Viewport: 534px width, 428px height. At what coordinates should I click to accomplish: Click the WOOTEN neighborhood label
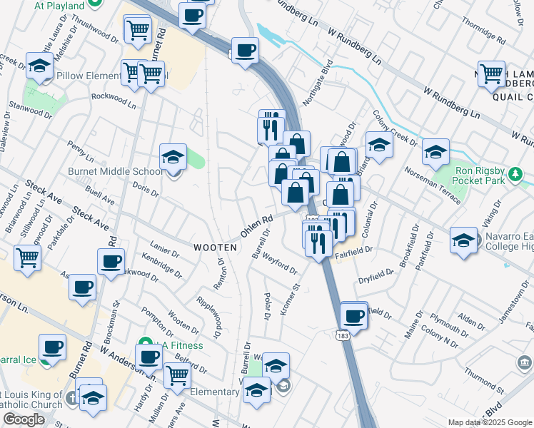tap(215, 247)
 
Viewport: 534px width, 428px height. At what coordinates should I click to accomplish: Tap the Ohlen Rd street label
tap(257, 228)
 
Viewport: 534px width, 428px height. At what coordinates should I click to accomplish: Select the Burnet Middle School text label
tap(115, 171)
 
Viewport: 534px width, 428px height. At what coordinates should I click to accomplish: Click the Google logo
tap(24, 419)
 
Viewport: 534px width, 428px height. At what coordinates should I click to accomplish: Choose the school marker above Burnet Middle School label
tap(173, 157)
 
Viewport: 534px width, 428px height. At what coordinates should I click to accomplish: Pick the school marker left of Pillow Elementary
tap(40, 66)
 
